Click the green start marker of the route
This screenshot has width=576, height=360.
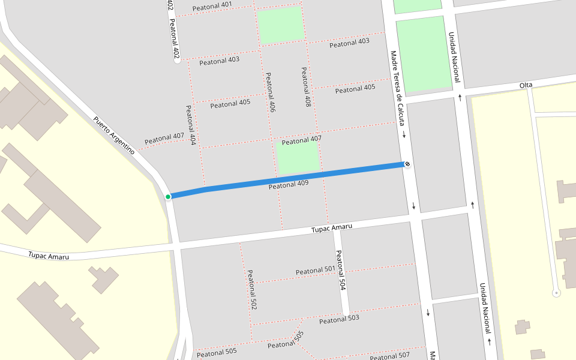[x=169, y=196]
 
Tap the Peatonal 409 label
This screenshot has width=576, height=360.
[x=289, y=185]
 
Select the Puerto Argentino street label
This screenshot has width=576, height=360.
[x=114, y=135]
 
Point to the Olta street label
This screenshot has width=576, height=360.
[x=526, y=86]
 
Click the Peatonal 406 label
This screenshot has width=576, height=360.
[x=271, y=93]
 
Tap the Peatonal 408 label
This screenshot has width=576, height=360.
[x=306, y=87]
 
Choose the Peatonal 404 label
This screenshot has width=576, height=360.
[x=191, y=125]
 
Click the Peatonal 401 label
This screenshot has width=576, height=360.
[x=212, y=6]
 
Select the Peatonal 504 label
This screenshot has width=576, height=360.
[x=340, y=270]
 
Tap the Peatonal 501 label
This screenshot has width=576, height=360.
[x=315, y=271]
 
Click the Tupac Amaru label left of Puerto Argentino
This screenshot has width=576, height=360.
[x=49, y=256]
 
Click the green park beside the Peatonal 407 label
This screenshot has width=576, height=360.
[x=298, y=157]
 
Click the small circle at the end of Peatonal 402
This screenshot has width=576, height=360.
[x=177, y=61]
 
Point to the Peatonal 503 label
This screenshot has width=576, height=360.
[x=339, y=319]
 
